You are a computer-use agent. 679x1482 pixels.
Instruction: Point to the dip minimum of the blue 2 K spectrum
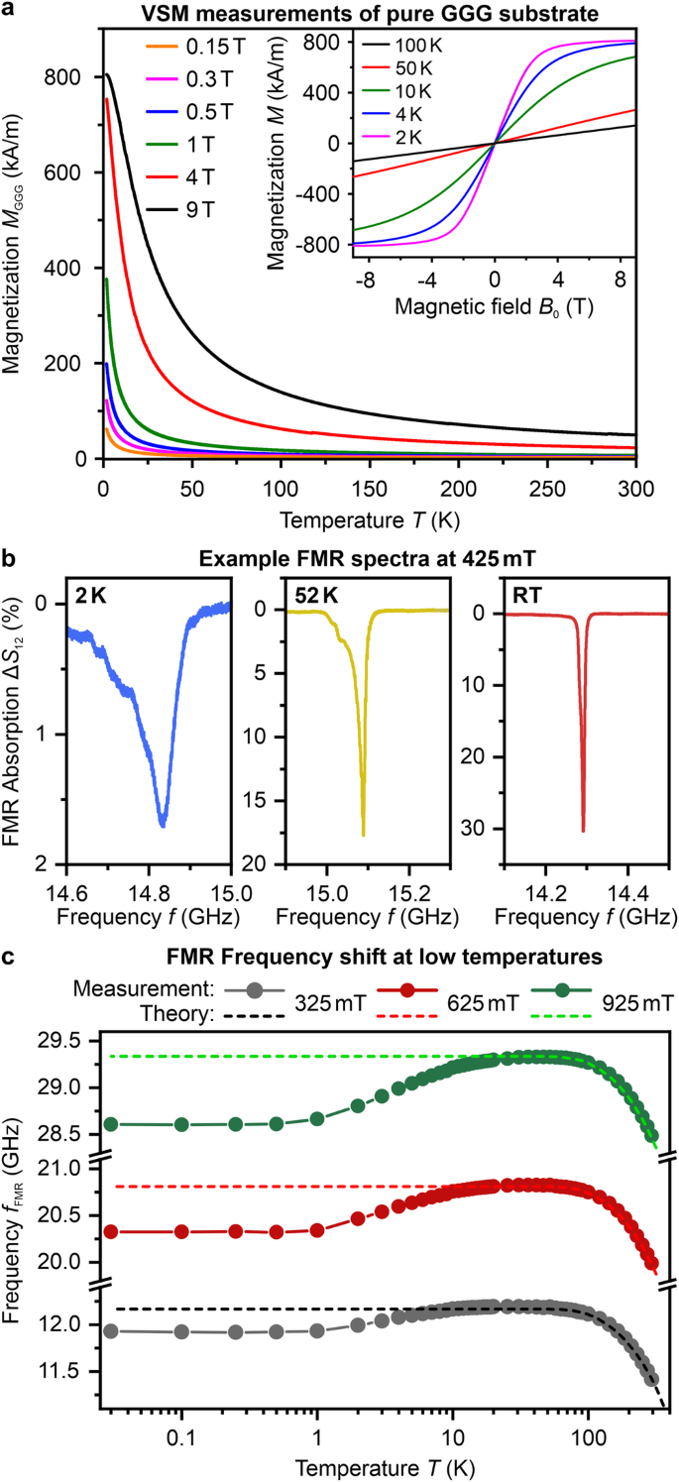(163, 825)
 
